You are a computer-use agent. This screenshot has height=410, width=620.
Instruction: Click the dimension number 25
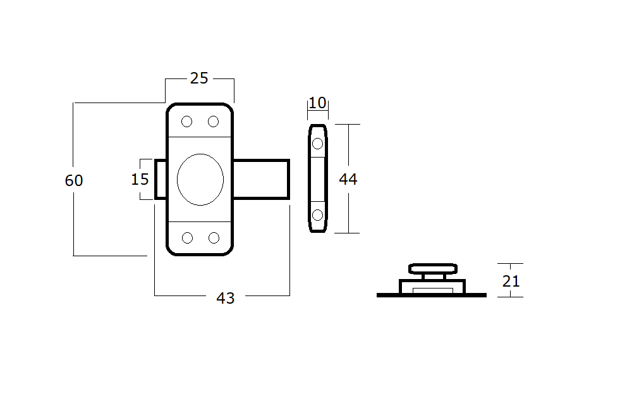click(x=198, y=78)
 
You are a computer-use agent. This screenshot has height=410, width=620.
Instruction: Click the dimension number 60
click(x=74, y=180)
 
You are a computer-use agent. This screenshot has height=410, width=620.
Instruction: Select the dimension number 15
click(x=140, y=179)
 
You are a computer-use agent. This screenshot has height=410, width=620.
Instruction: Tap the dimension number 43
click(x=226, y=298)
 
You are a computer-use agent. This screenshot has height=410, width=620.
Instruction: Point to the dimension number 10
click(x=317, y=102)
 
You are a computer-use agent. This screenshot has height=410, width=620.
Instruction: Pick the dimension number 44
click(x=348, y=180)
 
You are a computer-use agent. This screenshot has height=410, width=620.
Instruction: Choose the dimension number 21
click(x=511, y=280)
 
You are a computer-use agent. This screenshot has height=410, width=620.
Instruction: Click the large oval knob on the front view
click(x=200, y=180)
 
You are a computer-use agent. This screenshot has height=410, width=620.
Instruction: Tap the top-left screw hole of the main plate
click(x=187, y=121)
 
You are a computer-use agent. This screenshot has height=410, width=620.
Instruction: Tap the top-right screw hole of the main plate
click(x=214, y=121)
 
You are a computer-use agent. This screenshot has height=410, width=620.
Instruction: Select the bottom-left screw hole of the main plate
click(x=187, y=238)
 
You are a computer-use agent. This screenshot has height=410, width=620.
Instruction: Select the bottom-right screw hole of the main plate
click(x=214, y=238)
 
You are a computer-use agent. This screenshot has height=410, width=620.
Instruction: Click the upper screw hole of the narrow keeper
click(x=317, y=144)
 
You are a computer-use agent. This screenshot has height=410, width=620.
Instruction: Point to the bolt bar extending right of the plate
click(x=262, y=180)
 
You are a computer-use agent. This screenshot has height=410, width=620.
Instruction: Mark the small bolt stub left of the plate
click(x=161, y=180)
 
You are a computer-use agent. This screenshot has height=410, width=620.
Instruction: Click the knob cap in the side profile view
click(x=433, y=268)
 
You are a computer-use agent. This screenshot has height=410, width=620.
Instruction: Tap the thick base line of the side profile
click(x=431, y=295)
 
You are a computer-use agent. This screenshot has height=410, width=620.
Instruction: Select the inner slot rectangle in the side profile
click(x=432, y=290)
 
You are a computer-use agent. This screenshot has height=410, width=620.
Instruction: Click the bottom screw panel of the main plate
click(x=200, y=239)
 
